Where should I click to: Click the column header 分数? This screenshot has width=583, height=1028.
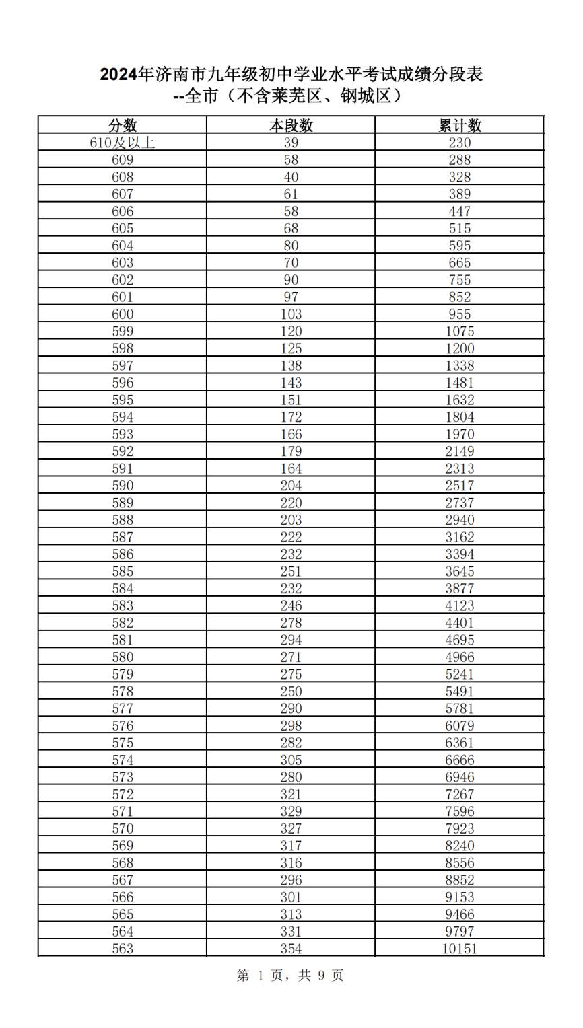pos(123,125)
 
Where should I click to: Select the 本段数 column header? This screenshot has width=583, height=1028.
pos(291,125)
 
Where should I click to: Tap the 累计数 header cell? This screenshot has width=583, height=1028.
pos(460,125)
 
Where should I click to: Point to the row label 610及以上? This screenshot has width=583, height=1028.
pos(123,143)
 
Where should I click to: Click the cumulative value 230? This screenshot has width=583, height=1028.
pos(460,143)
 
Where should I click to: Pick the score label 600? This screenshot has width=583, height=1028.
pos(123,314)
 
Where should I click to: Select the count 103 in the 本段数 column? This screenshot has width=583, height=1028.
pos(291,314)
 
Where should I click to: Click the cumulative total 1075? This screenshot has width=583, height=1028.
pos(460,332)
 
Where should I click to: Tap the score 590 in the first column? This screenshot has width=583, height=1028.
pos(123,486)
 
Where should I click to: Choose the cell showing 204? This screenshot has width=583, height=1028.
pos(291,486)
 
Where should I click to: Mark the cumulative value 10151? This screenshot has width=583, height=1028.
pos(460,949)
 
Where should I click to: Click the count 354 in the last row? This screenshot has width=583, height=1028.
pos(291,949)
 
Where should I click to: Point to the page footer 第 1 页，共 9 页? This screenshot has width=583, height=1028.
pos(290,975)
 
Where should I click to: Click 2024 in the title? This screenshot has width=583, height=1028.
pos(118,75)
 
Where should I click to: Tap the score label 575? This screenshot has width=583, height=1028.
pos(123,743)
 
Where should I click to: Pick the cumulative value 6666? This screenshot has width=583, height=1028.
pos(460,760)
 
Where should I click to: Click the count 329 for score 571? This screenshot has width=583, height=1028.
pos(291,811)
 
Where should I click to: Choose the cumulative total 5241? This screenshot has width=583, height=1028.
pos(460,674)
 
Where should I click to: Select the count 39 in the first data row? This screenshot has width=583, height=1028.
pos(291,143)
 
